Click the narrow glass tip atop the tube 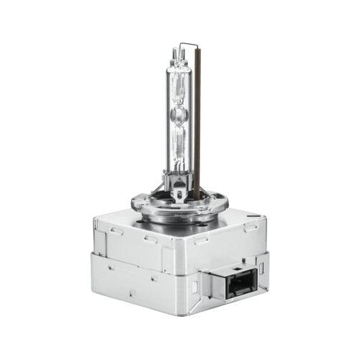tap(179, 52)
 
